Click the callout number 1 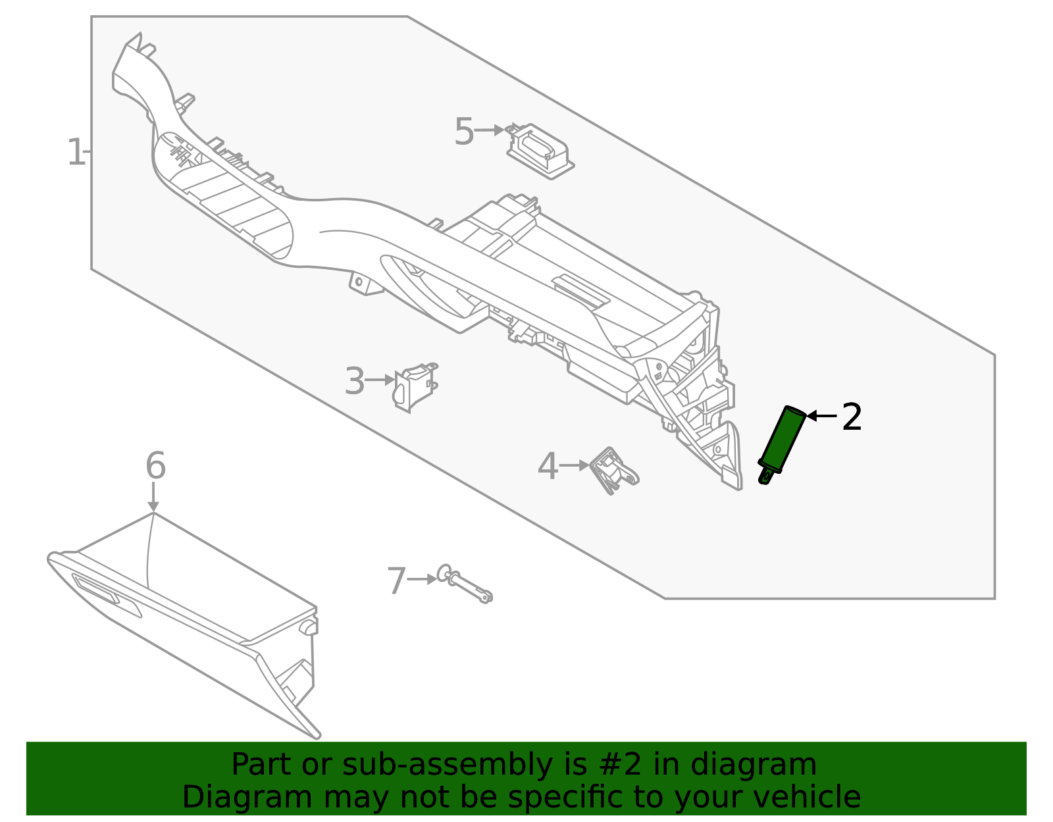[76, 153]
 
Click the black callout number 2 [852, 417]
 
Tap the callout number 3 [355, 382]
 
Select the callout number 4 [548, 467]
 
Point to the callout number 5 [464, 132]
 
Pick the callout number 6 [155, 466]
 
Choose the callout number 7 [397, 582]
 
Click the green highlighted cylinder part [783, 440]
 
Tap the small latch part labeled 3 [415, 386]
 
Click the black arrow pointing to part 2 [821, 416]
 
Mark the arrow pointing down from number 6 [153, 498]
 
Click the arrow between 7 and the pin [422, 579]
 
